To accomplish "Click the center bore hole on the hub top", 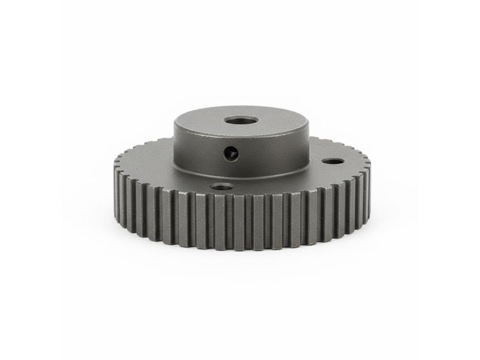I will point(241,121).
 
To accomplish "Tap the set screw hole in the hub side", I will point(231,154).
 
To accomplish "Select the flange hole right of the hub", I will point(332,161).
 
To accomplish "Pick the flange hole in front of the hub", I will point(222,187).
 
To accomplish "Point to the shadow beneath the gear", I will point(240,255).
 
